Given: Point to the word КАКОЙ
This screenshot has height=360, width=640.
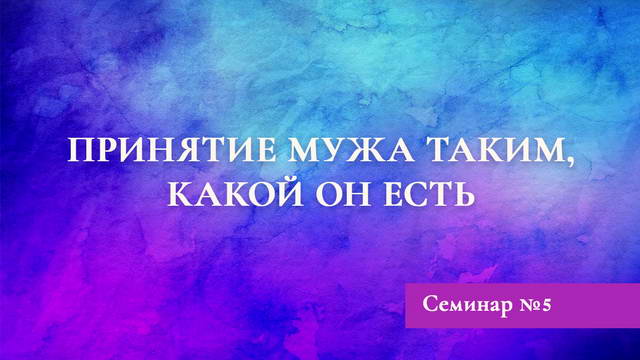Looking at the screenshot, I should point(226,192).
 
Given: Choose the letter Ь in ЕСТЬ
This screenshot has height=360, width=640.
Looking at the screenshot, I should point(461,192).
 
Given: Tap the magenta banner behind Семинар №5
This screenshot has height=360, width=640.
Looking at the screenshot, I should point(590,318).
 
